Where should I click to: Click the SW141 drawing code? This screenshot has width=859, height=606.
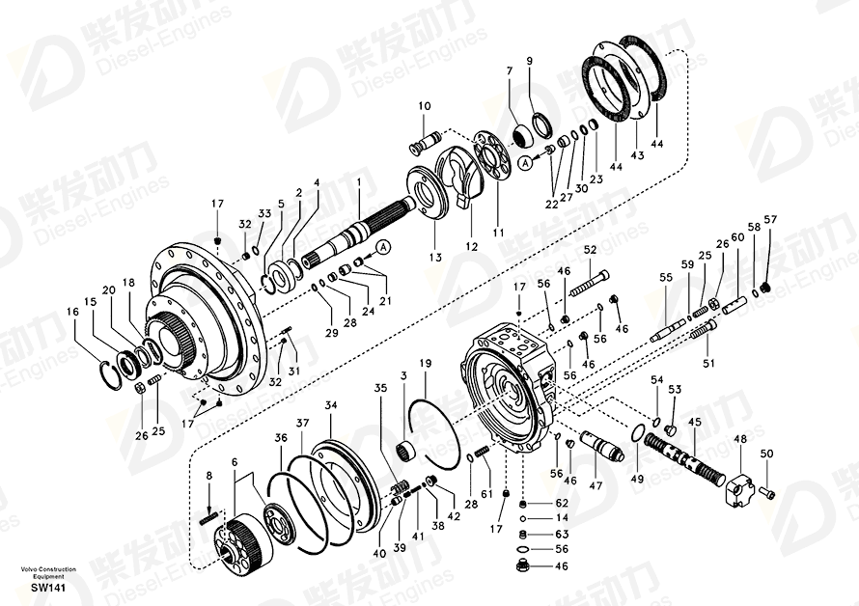48,588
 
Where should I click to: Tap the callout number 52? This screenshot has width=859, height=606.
590,250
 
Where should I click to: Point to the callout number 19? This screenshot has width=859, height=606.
425,363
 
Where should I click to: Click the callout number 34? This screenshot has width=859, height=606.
330,405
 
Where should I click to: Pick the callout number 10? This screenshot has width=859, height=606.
425,106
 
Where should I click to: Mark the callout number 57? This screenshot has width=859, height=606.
770,220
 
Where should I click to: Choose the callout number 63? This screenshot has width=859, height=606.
562,535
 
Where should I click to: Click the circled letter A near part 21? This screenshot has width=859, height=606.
384,247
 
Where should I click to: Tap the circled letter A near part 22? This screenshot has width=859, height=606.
525,162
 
